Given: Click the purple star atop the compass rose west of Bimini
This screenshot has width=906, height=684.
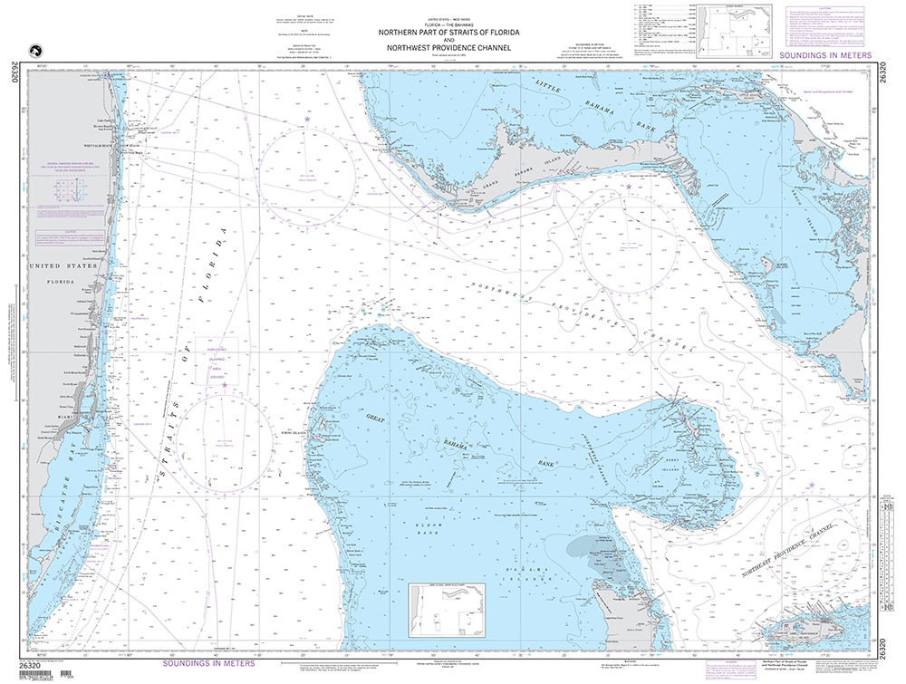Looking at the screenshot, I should [x=224, y=385].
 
